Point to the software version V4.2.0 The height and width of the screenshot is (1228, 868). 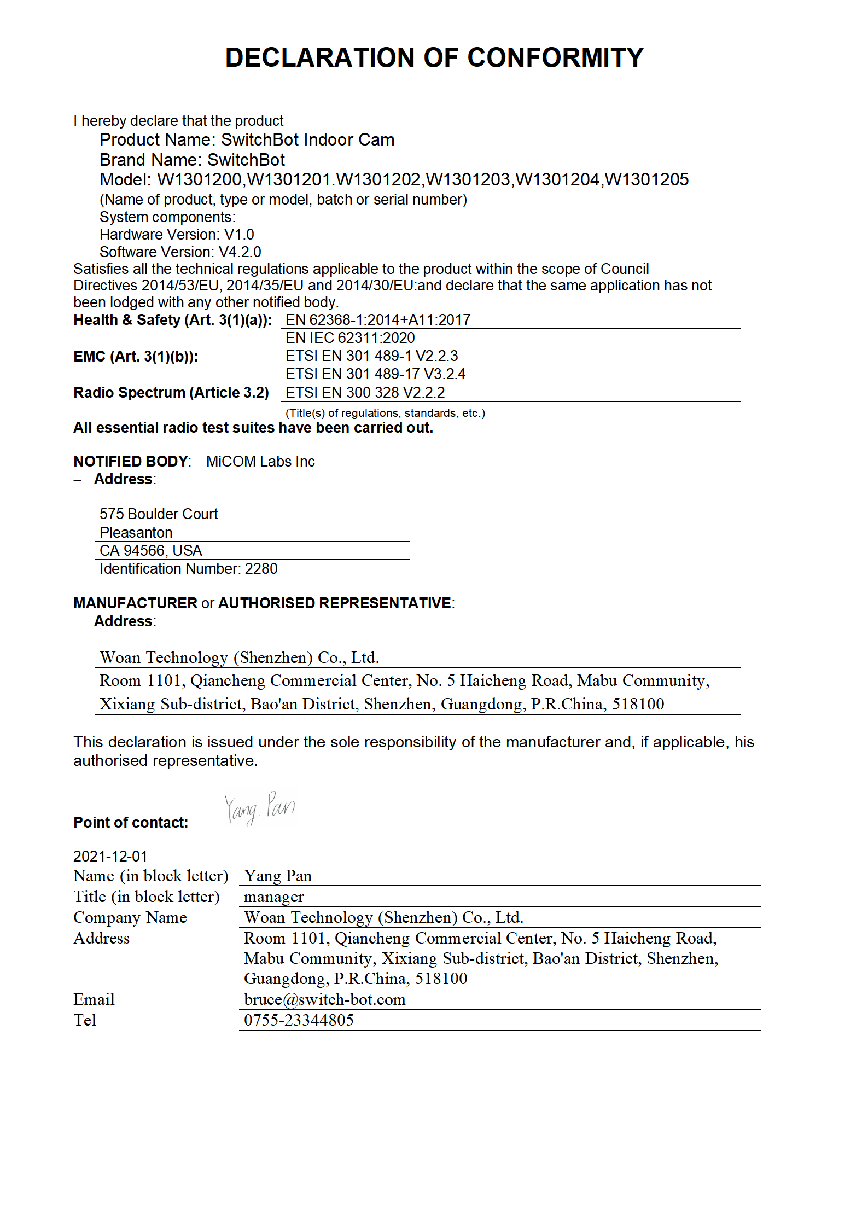pos(240,252)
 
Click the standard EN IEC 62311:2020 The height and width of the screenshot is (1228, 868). pos(350,338)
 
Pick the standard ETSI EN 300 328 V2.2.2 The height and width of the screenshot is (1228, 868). pos(365,393)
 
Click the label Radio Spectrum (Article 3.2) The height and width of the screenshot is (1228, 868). pos(171,393)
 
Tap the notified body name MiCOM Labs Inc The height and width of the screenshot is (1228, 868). pos(260,462)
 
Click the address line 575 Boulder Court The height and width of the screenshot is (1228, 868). pos(159,514)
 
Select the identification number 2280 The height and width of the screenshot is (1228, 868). pos(261,569)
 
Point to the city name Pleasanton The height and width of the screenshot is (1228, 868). pos(136,533)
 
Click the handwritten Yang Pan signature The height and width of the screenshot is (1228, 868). pos(260,808)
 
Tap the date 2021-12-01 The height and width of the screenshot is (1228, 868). pos(110,856)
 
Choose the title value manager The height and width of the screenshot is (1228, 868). pos(273,897)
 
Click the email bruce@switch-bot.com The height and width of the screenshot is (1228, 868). pos(324,999)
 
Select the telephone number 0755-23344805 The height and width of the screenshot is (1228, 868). pos(299,1020)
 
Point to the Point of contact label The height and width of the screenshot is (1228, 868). pos(131,823)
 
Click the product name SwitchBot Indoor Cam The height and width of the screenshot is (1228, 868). pos(307,140)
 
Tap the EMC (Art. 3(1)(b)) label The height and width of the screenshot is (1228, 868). pos(136,357)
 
